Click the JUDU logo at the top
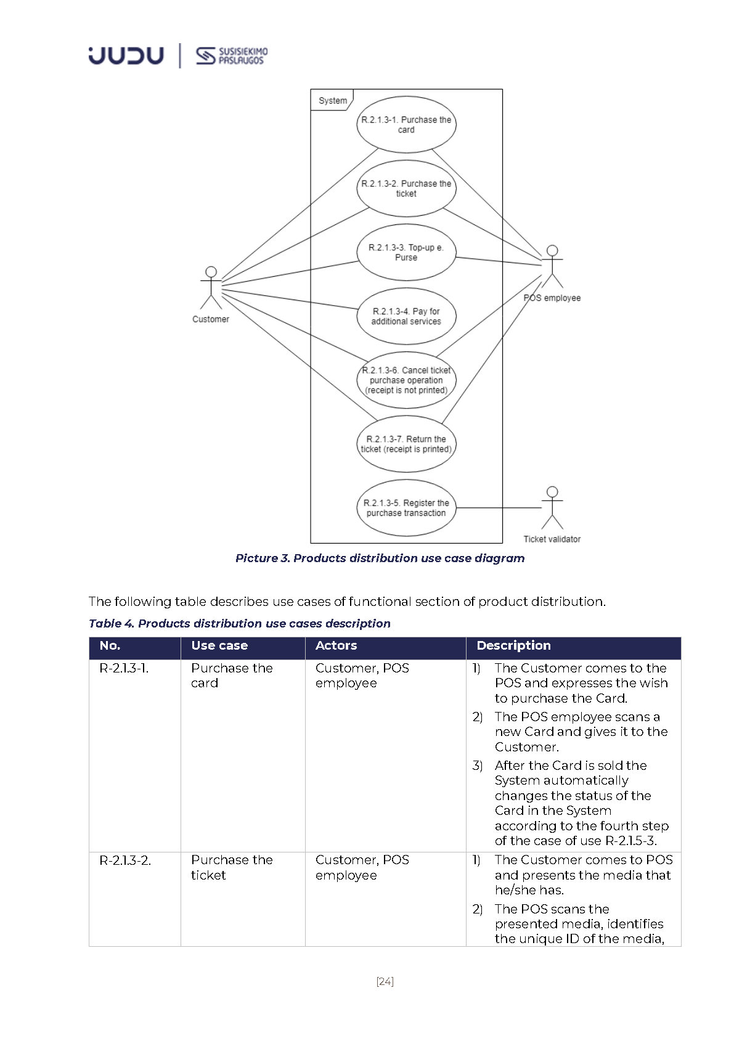click(126, 55)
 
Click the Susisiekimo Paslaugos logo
click(232, 55)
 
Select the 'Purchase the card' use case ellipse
click(406, 125)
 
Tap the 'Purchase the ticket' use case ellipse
click(406, 189)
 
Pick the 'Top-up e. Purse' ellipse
click(406, 253)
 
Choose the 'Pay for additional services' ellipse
click(406, 316)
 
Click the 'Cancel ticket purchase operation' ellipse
click(406, 380)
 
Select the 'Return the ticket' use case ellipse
click(406, 444)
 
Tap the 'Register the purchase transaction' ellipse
click(406, 508)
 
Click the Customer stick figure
click(211, 288)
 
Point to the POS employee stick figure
click(552, 268)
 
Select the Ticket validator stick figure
click(552, 509)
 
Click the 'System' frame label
click(333, 100)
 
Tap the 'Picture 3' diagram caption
click(380, 558)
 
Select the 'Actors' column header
click(336, 645)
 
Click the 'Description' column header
click(513, 645)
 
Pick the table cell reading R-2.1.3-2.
click(125, 860)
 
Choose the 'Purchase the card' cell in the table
click(232, 676)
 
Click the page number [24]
click(385, 981)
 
